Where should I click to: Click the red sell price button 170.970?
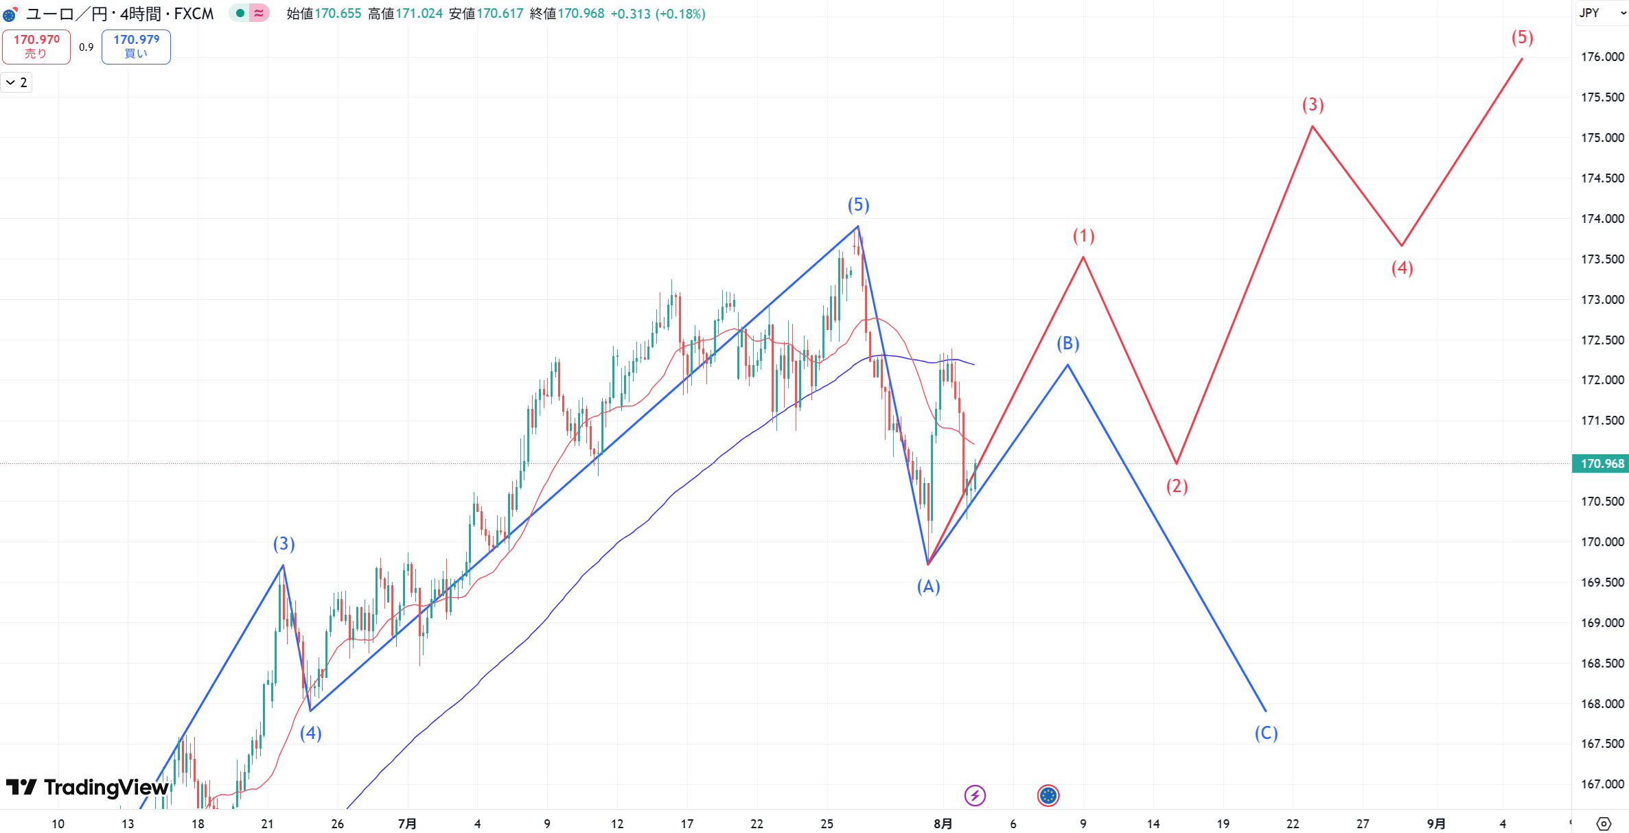click(x=36, y=47)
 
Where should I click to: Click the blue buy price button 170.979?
click(x=136, y=47)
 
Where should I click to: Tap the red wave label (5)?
click(x=1522, y=38)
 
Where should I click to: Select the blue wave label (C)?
click(x=1266, y=733)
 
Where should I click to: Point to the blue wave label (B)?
click(x=1067, y=343)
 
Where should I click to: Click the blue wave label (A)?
click(x=928, y=586)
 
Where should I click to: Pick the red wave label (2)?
click(x=1177, y=486)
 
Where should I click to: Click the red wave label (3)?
click(x=1313, y=104)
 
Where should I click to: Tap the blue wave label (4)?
click(x=310, y=733)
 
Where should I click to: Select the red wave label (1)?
click(x=1083, y=236)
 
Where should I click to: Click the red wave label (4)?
click(x=1402, y=268)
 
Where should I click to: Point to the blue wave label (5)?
click(x=858, y=204)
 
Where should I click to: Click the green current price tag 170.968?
click(x=1602, y=464)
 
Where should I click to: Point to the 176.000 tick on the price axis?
click(x=1602, y=57)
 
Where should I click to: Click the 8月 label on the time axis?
click(x=943, y=823)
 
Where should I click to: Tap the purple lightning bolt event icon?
click(x=975, y=795)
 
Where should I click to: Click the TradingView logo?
click(x=87, y=787)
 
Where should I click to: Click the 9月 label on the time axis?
click(x=1435, y=823)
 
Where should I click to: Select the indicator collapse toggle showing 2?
click(x=16, y=83)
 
